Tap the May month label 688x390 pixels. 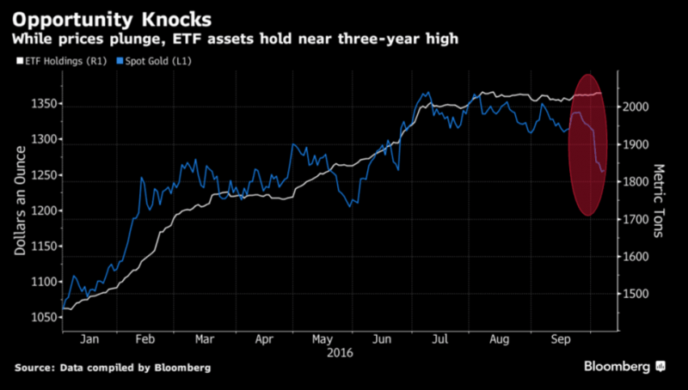pos(322,338)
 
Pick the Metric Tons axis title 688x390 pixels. pos(660,202)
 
